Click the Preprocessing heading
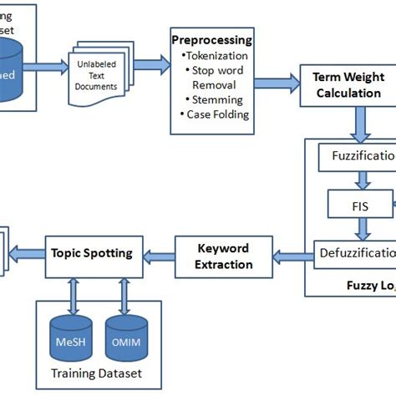(211, 39)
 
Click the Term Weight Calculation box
(347, 84)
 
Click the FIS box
(358, 203)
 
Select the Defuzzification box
(356, 252)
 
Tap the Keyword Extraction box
(224, 256)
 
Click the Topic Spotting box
(92, 251)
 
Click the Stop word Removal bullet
(217, 77)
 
